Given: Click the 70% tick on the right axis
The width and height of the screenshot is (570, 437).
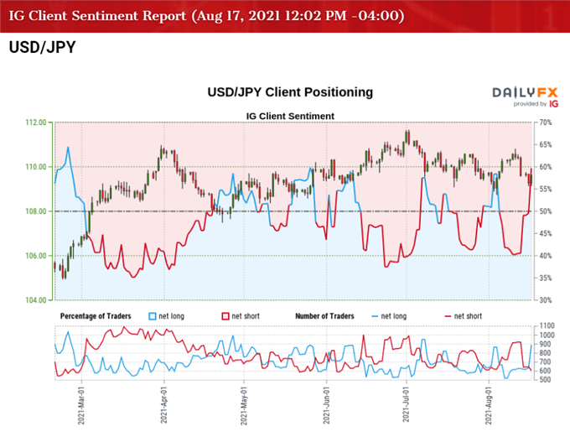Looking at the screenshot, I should point(546,122).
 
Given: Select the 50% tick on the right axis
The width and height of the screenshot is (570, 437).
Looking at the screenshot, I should point(546,211).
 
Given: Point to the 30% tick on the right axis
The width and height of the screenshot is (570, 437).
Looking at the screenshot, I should point(546,299).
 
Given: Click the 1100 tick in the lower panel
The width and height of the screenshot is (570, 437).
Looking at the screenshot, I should point(548,325).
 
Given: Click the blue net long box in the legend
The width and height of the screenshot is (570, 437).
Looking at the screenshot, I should point(153,315).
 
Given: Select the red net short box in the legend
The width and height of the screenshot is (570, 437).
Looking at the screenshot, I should point(225,315).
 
